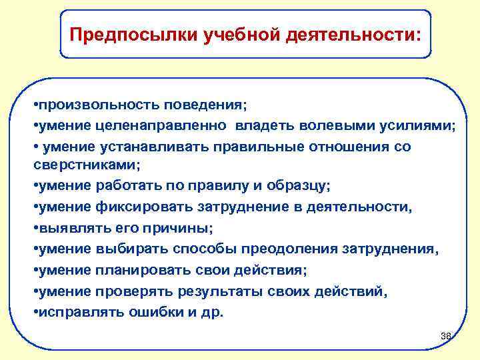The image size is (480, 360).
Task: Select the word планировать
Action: point(141,270)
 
